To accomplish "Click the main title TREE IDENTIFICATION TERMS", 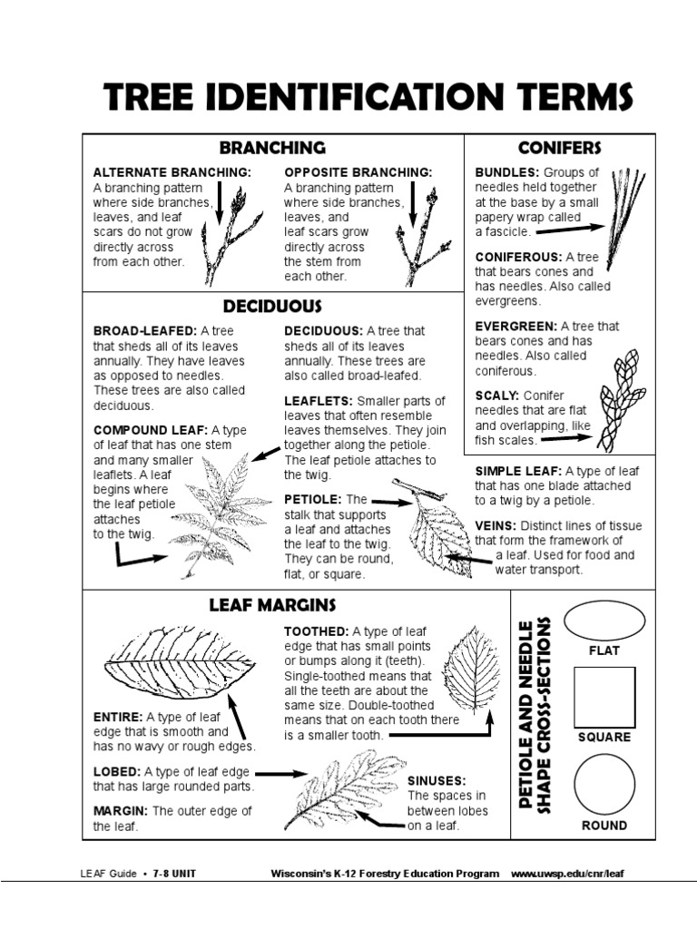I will pyautogui.click(x=368, y=97).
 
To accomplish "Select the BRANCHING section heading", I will pyautogui.click(x=273, y=147).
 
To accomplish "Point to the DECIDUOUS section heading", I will pyautogui.click(x=273, y=306).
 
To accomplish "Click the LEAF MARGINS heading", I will pyautogui.click(x=272, y=603).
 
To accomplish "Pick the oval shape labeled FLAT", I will pyautogui.click(x=604, y=622).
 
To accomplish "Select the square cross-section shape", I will pyautogui.click(x=604, y=695).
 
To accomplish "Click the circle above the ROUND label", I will pyautogui.click(x=604, y=783).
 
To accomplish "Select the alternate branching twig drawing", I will pyautogui.click(x=223, y=236).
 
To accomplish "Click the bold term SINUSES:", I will pyautogui.click(x=437, y=780).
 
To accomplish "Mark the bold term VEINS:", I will pyautogui.click(x=496, y=525).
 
